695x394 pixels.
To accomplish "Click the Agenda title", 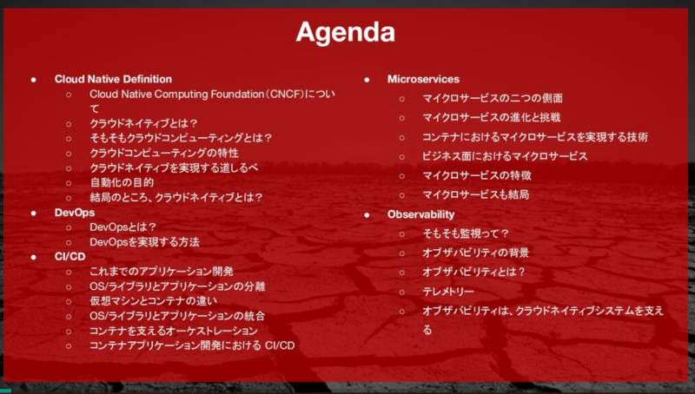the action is tap(345, 33).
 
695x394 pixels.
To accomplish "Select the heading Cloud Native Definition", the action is tap(113, 79).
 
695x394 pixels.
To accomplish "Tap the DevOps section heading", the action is tap(75, 213).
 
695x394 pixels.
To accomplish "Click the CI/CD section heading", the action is tap(70, 257).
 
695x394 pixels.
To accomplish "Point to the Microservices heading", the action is tap(423, 79).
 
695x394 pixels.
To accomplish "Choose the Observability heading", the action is tap(420, 214).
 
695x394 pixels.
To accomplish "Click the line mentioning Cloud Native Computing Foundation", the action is tap(212, 101).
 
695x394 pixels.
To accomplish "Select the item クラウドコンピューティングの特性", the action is tap(164, 153).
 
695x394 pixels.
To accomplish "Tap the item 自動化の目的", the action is tap(122, 182).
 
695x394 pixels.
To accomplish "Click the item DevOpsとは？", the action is tap(123, 227).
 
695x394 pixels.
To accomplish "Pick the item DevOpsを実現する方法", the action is tap(144, 242).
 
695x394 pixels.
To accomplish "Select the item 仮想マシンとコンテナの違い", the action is tap(154, 301).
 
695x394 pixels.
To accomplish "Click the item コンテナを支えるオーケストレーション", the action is tap(173, 331).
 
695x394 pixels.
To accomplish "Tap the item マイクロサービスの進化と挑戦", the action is tap(492, 117).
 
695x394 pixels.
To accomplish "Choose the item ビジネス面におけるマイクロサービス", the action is tap(505, 156).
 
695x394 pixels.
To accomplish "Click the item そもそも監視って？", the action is tap(466, 233).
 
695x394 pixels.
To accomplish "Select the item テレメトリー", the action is tap(448, 292).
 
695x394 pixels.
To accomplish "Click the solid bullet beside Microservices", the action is tap(367, 80).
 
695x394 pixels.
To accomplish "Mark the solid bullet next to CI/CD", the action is tap(34, 257).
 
